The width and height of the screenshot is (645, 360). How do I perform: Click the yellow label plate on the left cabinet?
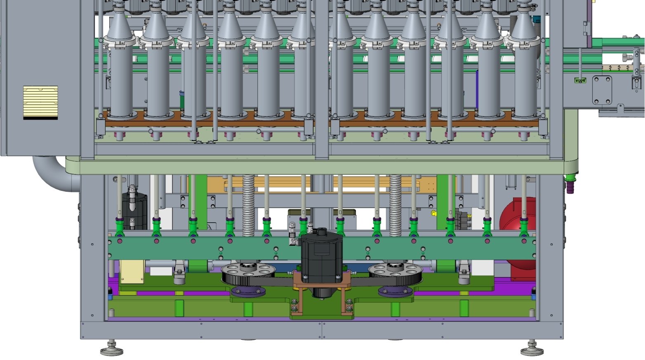point(40,102)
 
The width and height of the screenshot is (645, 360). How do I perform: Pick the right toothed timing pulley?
point(395,273)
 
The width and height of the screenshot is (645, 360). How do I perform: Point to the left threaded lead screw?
point(248,204)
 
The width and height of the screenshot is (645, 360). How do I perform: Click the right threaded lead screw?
point(395,204)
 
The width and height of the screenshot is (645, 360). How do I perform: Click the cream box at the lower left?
point(132,271)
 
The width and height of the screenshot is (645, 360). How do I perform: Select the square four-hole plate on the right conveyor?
point(602,90)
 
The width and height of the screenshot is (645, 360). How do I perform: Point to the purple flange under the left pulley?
point(248,292)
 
